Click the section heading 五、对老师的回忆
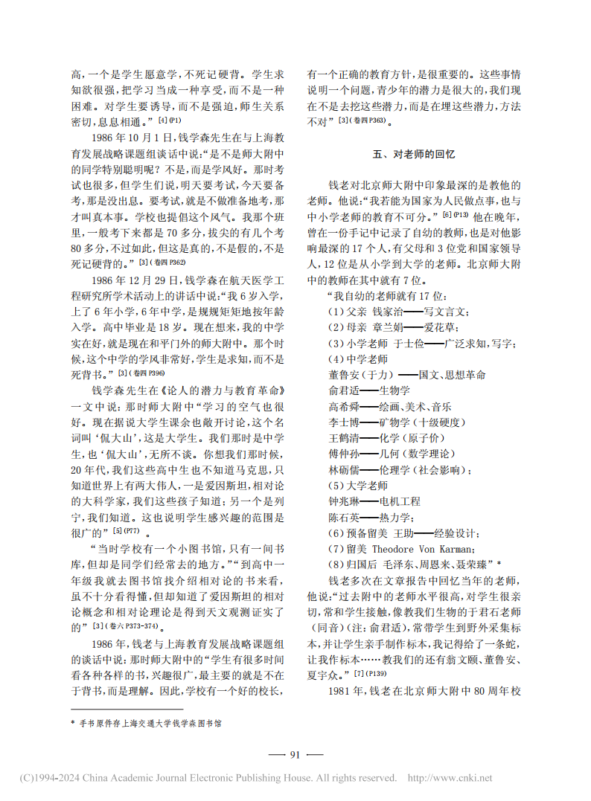(x=413, y=155)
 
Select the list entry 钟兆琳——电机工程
(x=374, y=502)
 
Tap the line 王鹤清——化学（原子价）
(x=383, y=437)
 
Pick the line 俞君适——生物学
(x=364, y=389)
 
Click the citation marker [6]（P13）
(x=455, y=215)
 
